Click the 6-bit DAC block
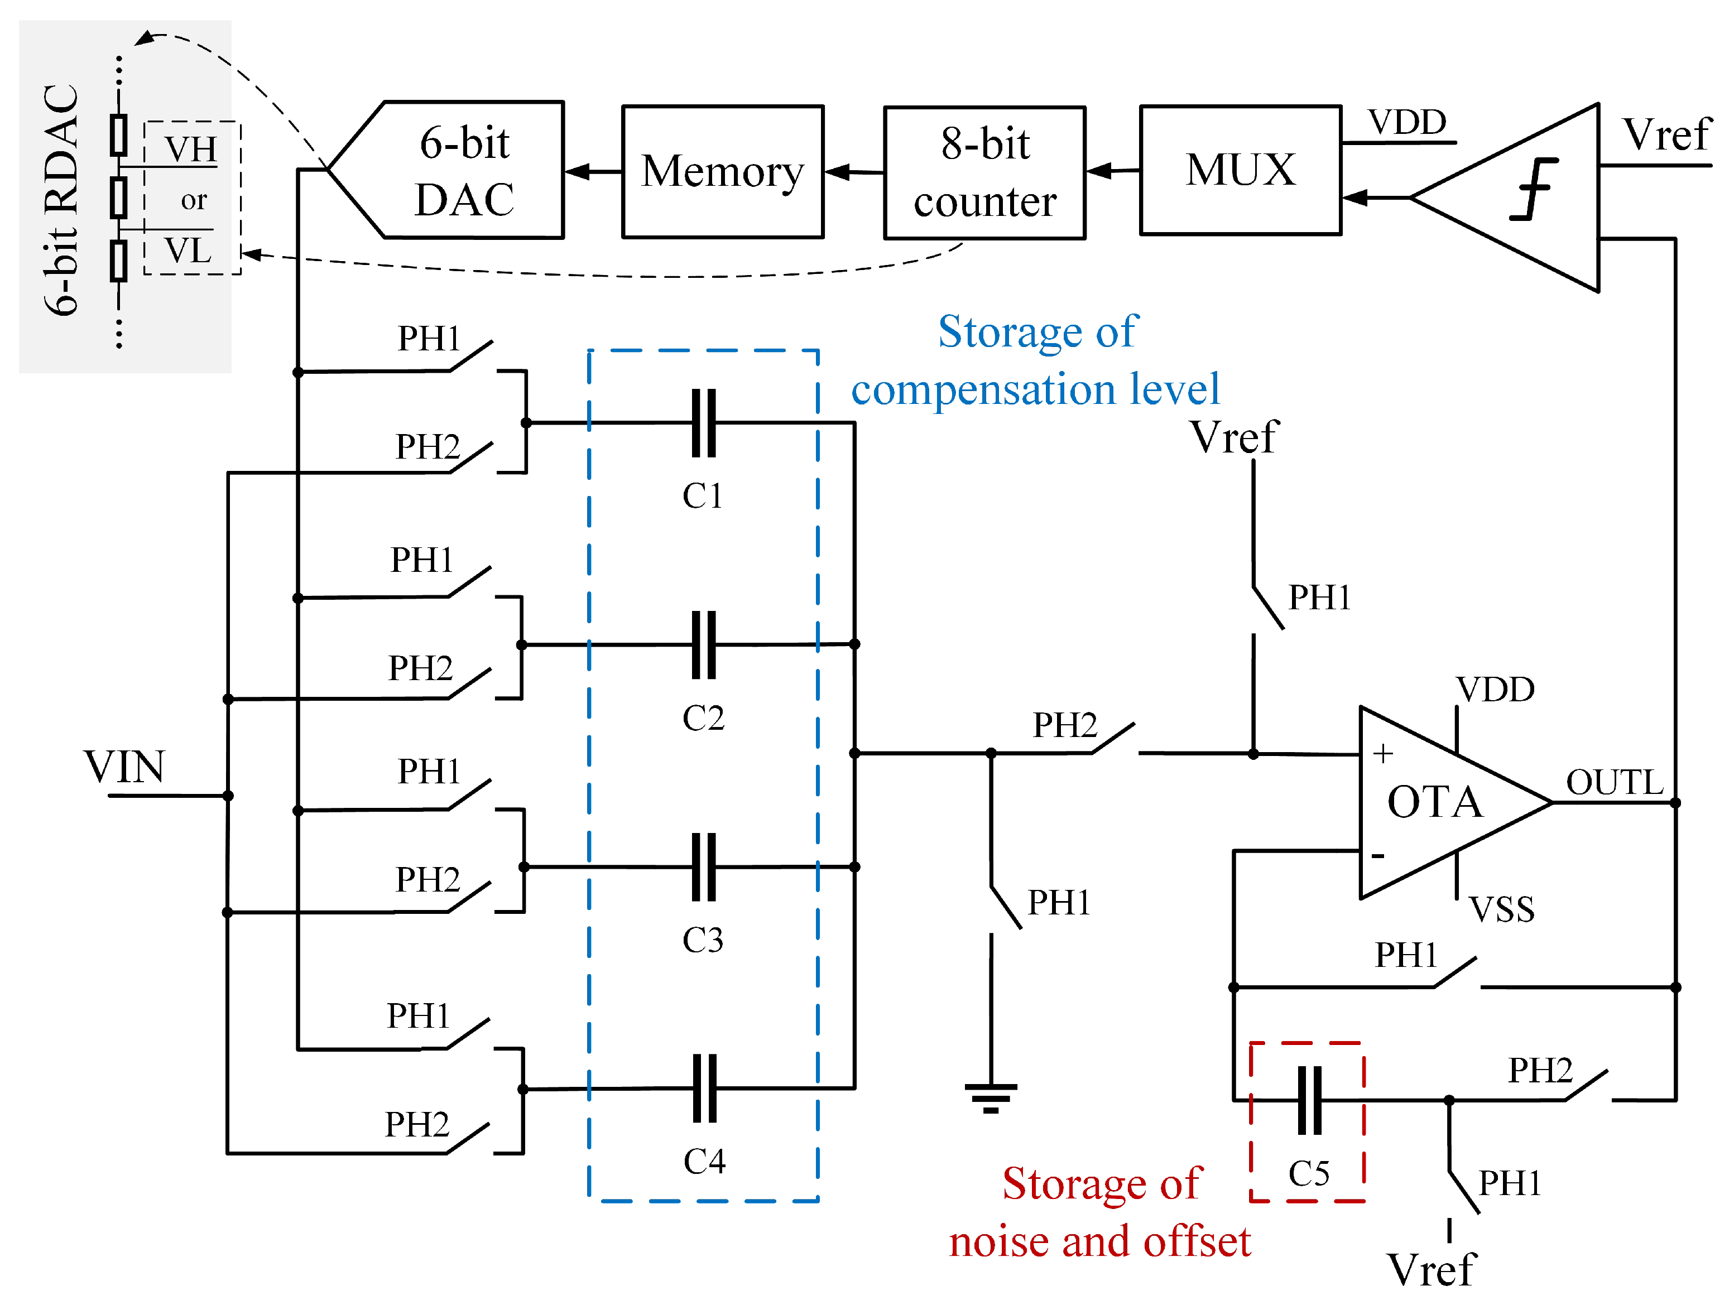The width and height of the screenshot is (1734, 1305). (463, 170)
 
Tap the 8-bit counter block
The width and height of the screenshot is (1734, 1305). (984, 172)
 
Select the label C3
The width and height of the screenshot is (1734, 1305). (703, 940)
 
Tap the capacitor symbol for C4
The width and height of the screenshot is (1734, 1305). (704, 1088)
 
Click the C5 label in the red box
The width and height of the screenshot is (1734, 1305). (1308, 1173)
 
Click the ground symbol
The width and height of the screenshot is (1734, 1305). (991, 1097)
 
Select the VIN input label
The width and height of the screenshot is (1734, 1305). (124, 767)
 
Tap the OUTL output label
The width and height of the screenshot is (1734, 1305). (1614, 782)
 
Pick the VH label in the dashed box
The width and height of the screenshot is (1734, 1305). (190, 149)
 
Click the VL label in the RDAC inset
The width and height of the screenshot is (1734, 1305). (188, 251)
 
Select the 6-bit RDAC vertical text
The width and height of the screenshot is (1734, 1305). (61, 200)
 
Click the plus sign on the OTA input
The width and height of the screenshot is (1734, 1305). (1383, 753)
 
